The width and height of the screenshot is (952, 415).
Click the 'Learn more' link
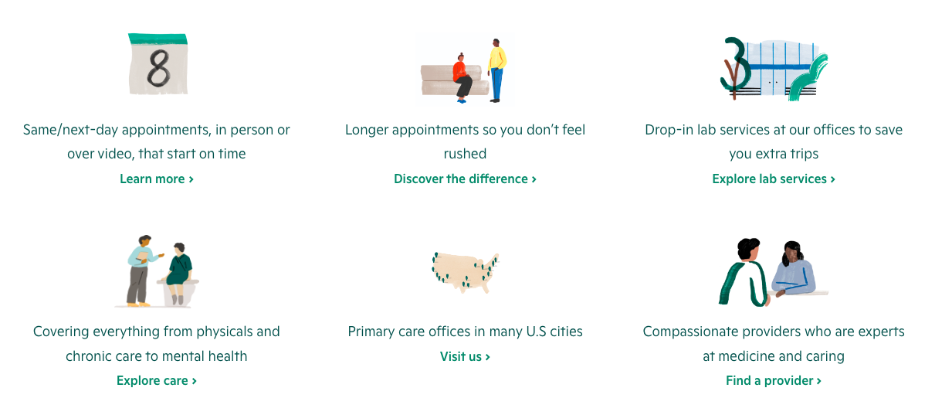pos(156,179)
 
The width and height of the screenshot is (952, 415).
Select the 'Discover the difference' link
pos(465,179)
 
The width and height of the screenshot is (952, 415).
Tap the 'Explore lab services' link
pos(773,179)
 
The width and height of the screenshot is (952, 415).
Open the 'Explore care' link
pos(156,380)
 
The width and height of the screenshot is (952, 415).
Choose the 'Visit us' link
pos(465,356)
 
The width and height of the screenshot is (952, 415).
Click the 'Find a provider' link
pos(773,380)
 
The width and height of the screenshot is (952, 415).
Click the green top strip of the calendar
pos(158,39)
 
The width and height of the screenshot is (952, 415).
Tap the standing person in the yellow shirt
pos(496,70)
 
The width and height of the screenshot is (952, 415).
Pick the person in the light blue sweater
pos(794,270)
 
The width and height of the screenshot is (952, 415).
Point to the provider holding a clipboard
pos(141,267)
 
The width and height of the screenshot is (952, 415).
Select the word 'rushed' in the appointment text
pos(465,154)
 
